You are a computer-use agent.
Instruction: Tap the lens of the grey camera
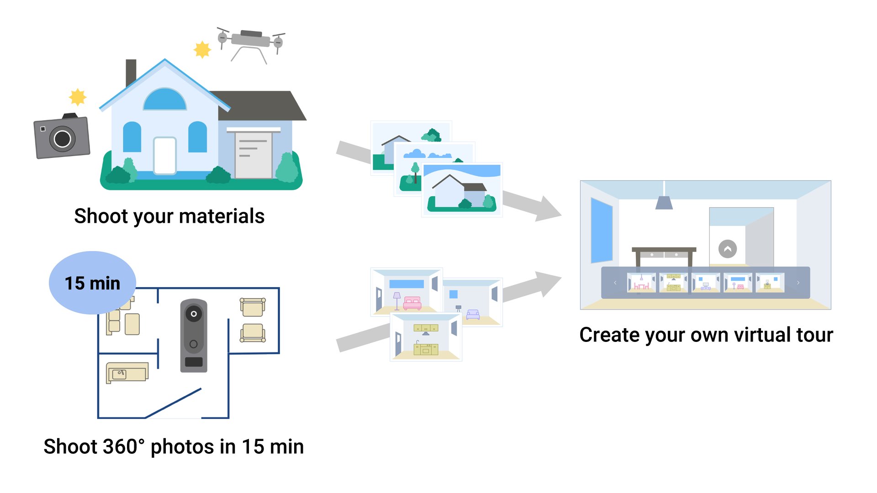pyautogui.click(x=63, y=139)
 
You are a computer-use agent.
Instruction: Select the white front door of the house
pyautogui.click(x=165, y=156)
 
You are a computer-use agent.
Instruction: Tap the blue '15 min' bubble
pyautogui.click(x=92, y=283)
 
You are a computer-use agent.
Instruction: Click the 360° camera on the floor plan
pyautogui.click(x=194, y=336)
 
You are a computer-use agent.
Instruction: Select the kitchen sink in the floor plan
pyautogui.click(x=120, y=374)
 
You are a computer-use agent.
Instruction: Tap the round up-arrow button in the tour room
pyautogui.click(x=728, y=249)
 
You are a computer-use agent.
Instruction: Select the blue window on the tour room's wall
pyautogui.click(x=601, y=231)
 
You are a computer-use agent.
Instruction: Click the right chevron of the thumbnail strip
pyautogui.click(x=798, y=283)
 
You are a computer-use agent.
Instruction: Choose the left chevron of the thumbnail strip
pyautogui.click(x=615, y=283)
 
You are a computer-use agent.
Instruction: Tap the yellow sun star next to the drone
pyautogui.click(x=202, y=49)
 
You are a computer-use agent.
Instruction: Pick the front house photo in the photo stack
pyautogui.click(x=462, y=189)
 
